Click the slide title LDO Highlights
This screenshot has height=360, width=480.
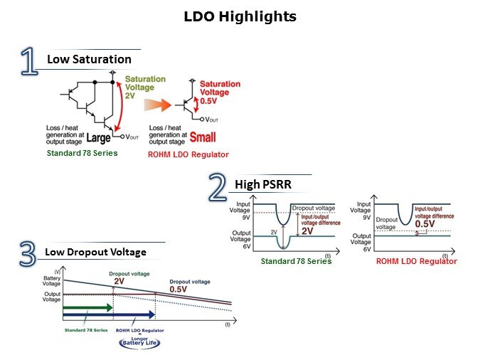point(240,16)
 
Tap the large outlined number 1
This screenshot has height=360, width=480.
point(29,62)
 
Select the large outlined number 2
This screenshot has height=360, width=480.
point(218,188)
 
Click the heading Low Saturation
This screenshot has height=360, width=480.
point(89,59)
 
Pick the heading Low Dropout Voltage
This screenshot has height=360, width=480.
point(95,252)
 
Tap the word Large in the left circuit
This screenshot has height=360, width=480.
point(97,137)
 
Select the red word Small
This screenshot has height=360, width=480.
point(203,137)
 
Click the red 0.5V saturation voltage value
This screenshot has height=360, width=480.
point(210,101)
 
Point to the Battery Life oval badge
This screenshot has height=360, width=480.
point(139,342)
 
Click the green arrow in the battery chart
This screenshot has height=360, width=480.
point(87,307)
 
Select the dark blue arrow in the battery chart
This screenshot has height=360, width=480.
point(108,314)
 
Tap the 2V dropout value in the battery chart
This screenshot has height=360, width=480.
point(119,281)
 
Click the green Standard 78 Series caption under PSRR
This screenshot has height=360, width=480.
point(296,261)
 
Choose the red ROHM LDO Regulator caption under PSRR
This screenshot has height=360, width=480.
point(416,261)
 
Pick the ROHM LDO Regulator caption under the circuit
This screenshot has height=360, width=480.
point(188,154)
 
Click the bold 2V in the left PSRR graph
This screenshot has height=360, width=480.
point(307,231)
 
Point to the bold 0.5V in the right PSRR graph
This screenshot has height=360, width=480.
point(425,224)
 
